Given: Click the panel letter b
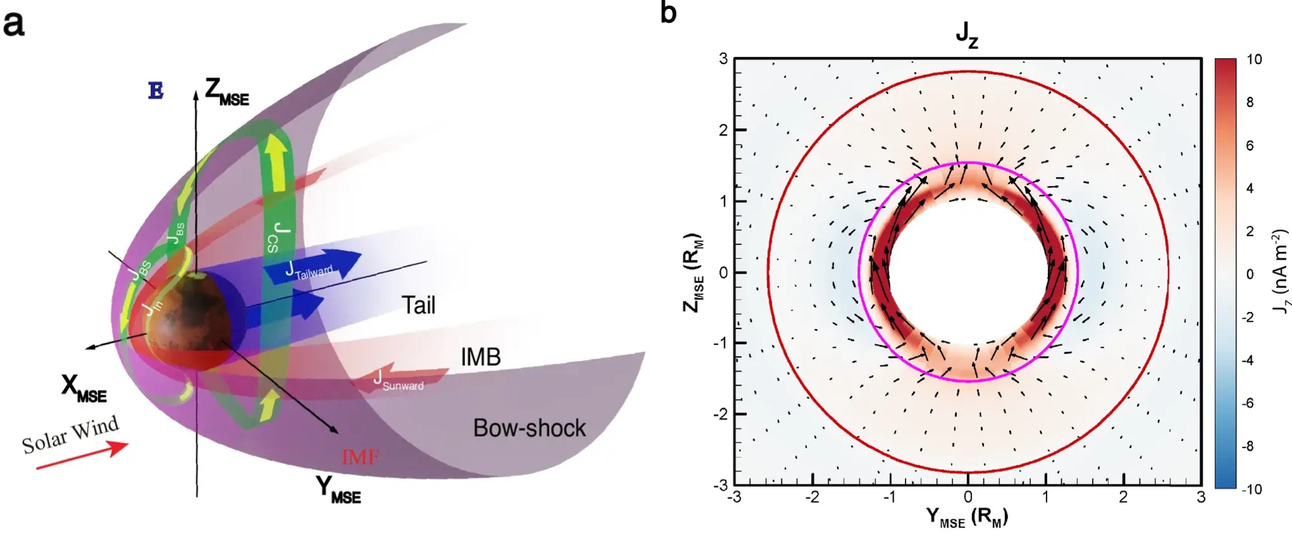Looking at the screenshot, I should pos(668,12).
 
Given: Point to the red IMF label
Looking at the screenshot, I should pos(360,457).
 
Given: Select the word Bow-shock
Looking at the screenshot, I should pos(529,428).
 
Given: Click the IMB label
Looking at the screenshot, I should pos(481,357).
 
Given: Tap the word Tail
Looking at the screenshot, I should pos(419,305).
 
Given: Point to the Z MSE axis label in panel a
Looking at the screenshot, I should pos(227,92).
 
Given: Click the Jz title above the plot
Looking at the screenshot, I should pos(967,35).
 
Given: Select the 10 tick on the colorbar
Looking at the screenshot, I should pos(1254,60).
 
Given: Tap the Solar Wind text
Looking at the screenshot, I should pos(70,435).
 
